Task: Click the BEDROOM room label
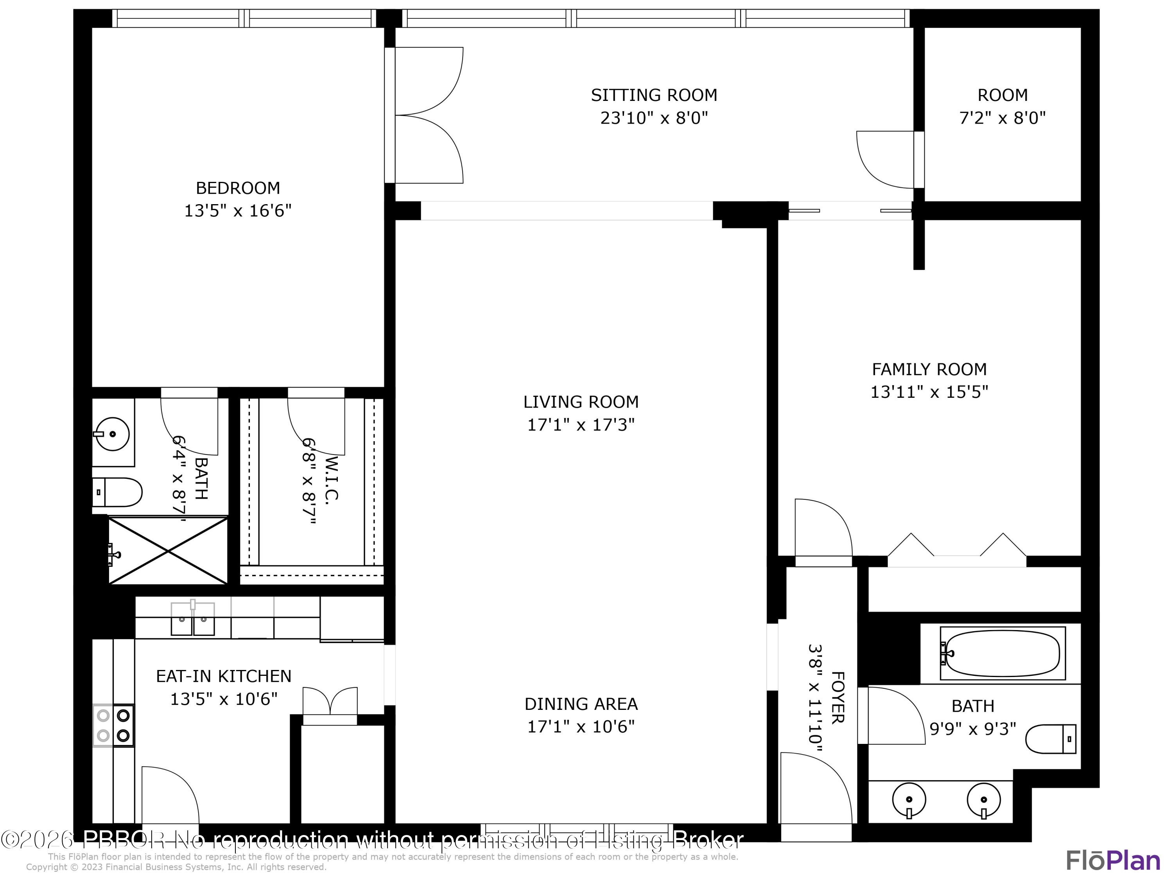coord(238,188)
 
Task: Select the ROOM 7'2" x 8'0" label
coord(1002,106)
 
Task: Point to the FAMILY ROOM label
coord(929,369)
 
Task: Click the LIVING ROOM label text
coord(581,402)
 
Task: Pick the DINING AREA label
coord(581,704)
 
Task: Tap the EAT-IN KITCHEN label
coord(223,676)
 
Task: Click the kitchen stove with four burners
coord(113,726)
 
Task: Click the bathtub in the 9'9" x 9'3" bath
coord(1002,654)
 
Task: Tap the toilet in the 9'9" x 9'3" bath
coord(1050,739)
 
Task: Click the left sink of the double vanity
coord(909,799)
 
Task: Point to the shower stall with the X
coord(168,551)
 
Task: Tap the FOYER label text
coord(837,697)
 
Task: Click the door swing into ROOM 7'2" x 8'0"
coord(886,159)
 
